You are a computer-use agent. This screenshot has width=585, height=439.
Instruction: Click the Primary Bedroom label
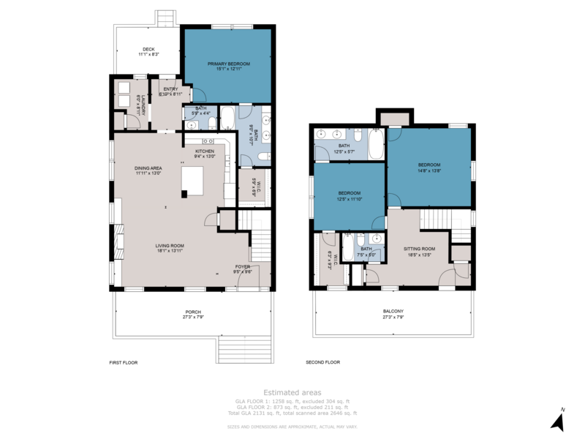pyautogui.click(x=228, y=64)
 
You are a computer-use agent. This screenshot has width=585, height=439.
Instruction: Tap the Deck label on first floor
pyautogui.click(x=148, y=50)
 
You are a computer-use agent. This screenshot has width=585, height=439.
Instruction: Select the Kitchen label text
pyautogui.click(x=204, y=151)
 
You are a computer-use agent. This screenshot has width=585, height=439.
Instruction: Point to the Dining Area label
pyautogui.click(x=148, y=168)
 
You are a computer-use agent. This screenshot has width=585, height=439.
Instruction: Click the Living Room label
pyautogui.click(x=169, y=246)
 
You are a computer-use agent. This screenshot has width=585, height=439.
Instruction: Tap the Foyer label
pyautogui.click(x=242, y=266)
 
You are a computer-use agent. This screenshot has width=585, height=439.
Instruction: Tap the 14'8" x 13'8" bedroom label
pyautogui.click(x=429, y=165)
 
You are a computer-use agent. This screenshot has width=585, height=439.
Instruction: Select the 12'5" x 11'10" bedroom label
pyautogui.click(x=349, y=193)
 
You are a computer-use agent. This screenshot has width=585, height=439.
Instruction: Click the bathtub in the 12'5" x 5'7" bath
pyautogui.click(x=374, y=144)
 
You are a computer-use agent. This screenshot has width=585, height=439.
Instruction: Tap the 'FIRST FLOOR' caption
pyautogui.click(x=123, y=362)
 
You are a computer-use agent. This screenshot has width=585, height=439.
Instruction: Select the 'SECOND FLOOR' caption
pyautogui.click(x=322, y=362)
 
